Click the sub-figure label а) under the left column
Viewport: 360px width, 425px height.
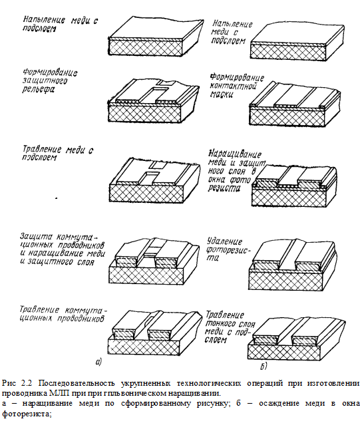tap(98, 361)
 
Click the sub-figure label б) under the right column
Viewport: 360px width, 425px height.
tap(264, 366)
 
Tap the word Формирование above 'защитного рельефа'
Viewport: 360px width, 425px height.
tap(50, 72)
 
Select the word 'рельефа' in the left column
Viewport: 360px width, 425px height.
tap(38, 89)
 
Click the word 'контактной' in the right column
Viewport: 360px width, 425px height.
tap(233, 86)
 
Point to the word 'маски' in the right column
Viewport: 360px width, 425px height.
tap(222, 94)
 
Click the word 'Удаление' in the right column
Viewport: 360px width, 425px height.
tap(224, 241)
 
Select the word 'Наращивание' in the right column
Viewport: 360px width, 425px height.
tap(235, 154)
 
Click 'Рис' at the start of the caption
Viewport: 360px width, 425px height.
tap(9, 383)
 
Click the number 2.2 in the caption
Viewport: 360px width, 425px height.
tap(27, 383)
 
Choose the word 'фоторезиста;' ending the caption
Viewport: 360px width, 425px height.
tap(27, 414)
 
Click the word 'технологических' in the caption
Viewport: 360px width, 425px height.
tap(208, 383)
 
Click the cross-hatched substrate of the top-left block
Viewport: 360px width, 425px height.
tap(145, 47)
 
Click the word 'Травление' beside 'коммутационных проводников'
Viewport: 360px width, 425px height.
tap(39, 309)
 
